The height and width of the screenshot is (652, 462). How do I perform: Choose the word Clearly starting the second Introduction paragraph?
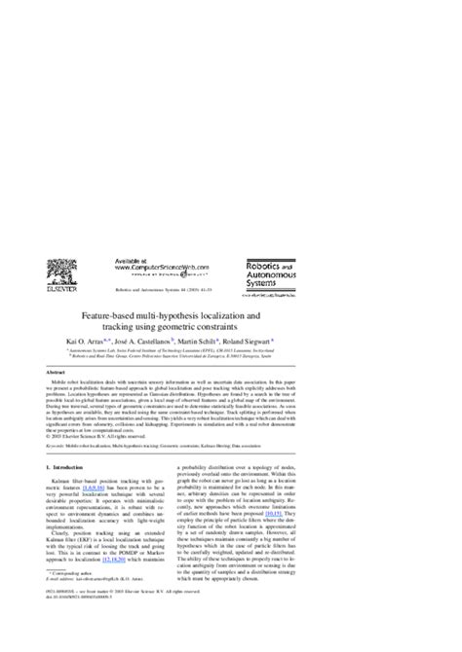pyautogui.click(x=71, y=564)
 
